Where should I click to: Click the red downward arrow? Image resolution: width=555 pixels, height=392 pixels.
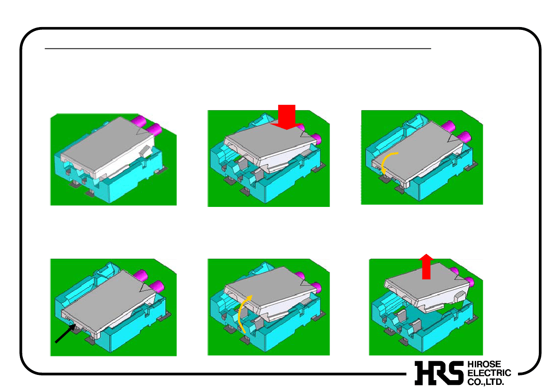[x=286, y=117]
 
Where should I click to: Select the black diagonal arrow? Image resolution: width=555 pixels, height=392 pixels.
[x=66, y=334]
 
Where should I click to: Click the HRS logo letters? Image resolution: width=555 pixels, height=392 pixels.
[x=439, y=373]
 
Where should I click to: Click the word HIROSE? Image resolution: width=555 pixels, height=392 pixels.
[x=484, y=364]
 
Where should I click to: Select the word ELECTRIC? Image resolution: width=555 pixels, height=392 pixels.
[x=489, y=373]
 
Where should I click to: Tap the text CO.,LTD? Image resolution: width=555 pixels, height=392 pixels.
[x=485, y=382]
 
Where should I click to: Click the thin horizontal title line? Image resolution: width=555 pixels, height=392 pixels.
[x=238, y=48]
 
